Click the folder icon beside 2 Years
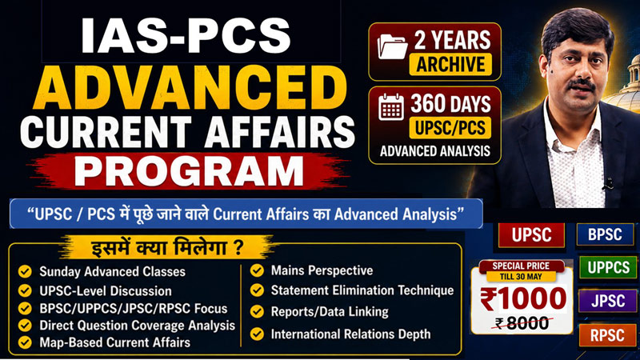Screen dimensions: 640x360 tap(392, 46)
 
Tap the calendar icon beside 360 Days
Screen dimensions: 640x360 tap(391, 107)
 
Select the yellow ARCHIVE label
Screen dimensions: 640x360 tap(450, 64)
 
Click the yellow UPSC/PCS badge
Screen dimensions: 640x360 tap(450, 128)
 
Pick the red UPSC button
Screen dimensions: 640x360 tap(531, 234)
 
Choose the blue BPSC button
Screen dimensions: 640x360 tap(605, 234)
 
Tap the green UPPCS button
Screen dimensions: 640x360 tap(608, 267)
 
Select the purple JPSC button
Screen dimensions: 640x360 tap(608, 301)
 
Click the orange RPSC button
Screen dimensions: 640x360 tap(607, 335)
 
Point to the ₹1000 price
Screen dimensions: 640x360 tap(523, 298)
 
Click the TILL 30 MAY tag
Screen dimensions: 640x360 tap(521, 277)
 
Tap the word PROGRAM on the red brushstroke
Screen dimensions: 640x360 tap(189, 171)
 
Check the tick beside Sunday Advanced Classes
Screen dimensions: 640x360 tap(25, 271)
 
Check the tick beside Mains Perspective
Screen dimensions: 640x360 tap(257, 270)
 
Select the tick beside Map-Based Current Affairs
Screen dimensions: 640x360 tap(25, 342)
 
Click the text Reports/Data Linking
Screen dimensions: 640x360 tap(330, 312)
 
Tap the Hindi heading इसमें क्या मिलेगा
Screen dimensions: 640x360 tap(167, 248)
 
